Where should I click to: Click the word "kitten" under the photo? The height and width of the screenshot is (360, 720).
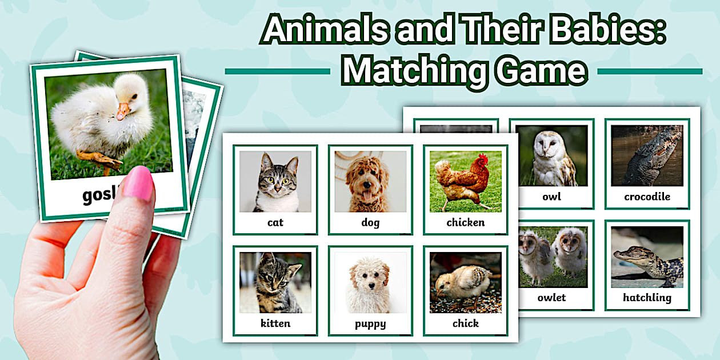(x=275, y=323)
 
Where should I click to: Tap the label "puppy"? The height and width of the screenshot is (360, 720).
(x=370, y=324)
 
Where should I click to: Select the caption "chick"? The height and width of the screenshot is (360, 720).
(x=465, y=323)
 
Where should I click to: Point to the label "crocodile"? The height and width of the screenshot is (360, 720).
(x=647, y=197)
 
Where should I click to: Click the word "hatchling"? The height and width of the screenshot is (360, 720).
(x=647, y=297)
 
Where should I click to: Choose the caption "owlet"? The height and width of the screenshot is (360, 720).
(x=551, y=297)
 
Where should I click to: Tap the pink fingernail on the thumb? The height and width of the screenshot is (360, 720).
(x=137, y=183)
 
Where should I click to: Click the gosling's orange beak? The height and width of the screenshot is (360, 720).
(x=122, y=110)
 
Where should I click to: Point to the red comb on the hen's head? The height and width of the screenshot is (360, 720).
(x=483, y=158)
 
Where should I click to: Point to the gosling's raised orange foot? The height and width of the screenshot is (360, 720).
(x=99, y=159)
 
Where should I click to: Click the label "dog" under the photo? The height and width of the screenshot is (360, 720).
(x=370, y=223)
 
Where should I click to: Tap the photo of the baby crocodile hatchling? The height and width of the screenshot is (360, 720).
(x=647, y=257)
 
